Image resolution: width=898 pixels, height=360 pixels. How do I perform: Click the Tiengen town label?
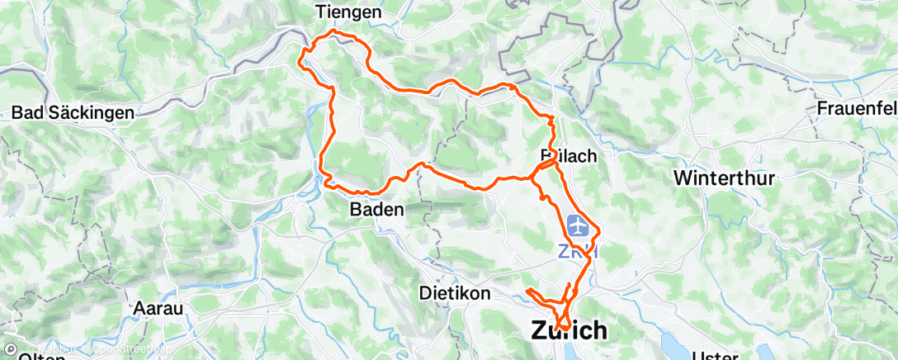[350, 12]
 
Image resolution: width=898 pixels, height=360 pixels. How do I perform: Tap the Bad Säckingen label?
[73, 114]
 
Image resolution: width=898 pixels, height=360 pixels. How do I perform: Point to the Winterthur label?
[726, 178]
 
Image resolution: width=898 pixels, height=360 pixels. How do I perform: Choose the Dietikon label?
[455, 293]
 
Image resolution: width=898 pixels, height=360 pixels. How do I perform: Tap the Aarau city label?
[159, 307]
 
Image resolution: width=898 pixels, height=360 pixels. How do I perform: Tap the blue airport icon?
[579, 225]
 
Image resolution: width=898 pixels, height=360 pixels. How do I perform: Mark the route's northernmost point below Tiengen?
[333, 31]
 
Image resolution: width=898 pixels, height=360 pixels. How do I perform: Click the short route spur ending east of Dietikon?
[527, 291]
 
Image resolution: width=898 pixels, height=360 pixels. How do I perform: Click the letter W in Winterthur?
[683, 178]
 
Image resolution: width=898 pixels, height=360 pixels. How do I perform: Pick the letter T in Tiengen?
[321, 12]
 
